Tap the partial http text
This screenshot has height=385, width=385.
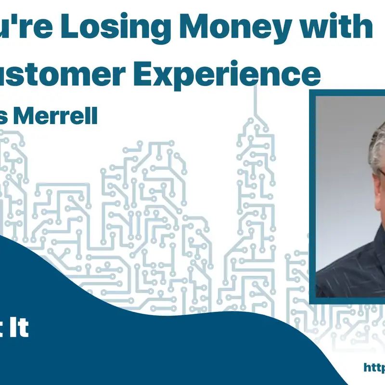pos(374,367)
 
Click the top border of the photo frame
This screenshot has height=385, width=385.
pos(346,92)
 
